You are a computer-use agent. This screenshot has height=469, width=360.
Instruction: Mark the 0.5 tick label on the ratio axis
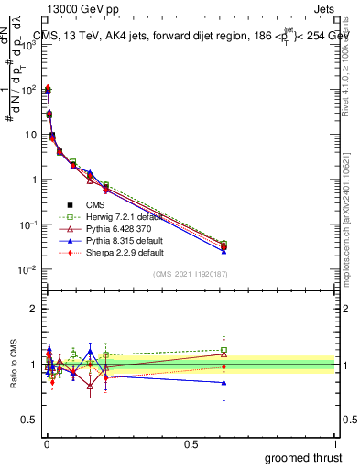[29, 421]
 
